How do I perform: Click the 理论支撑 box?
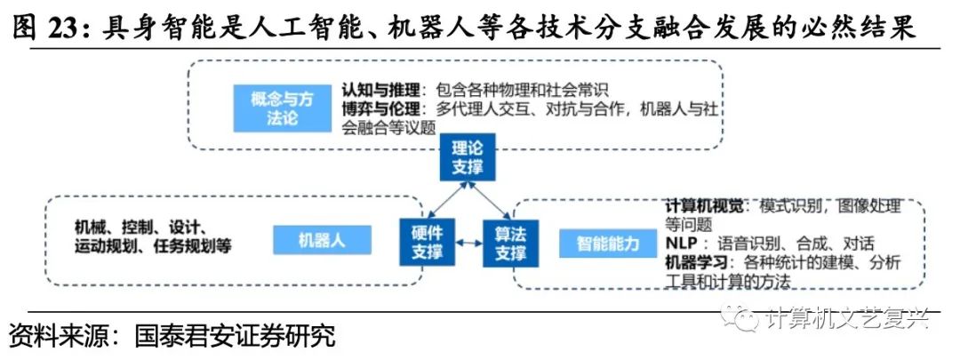click(x=467, y=157)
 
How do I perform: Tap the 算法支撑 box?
click(x=509, y=242)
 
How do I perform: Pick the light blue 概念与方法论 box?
click(x=282, y=108)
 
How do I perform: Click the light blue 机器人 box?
click(x=321, y=241)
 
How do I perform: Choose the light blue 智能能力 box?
click(x=608, y=242)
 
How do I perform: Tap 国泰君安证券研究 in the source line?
click(x=235, y=338)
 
